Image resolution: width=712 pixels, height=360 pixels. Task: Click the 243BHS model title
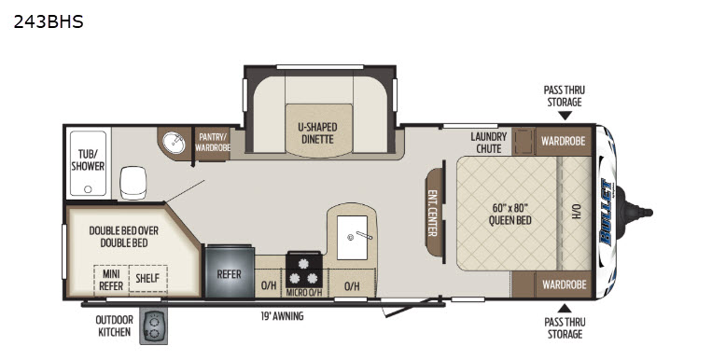(49, 21)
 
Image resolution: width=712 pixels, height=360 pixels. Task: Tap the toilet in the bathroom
(133, 183)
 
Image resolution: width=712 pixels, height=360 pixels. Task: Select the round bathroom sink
(174, 143)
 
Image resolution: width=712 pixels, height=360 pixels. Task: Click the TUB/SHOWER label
(88, 160)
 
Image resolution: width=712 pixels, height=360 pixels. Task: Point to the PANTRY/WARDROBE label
(213, 142)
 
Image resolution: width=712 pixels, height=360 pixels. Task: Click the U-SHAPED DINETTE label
(318, 133)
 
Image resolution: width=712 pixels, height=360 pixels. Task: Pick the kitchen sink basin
(353, 238)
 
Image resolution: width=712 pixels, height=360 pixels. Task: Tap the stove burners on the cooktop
(304, 270)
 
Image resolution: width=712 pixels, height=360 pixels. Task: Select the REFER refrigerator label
(230, 274)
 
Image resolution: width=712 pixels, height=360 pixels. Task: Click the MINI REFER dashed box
(112, 279)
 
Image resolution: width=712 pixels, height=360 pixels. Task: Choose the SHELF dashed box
(148, 278)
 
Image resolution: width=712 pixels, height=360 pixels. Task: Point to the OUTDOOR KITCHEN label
(115, 325)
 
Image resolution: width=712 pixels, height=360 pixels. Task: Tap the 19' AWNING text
(282, 316)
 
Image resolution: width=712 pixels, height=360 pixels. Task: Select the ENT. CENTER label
(432, 213)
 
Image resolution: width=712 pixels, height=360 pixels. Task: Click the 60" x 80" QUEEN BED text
(510, 215)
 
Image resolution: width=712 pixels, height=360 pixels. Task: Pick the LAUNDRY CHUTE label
(489, 143)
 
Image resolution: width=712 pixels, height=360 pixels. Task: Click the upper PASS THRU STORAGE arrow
(565, 117)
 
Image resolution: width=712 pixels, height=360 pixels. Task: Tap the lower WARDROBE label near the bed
(565, 284)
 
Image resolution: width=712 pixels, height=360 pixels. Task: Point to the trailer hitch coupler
(639, 212)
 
